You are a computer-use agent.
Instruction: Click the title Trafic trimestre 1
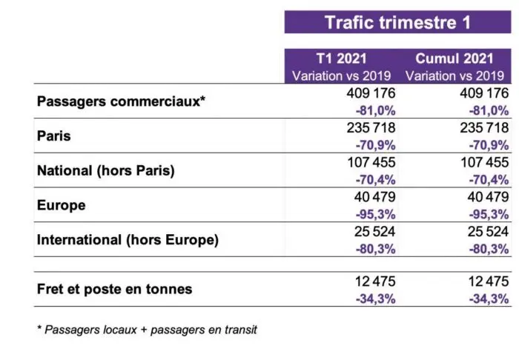tap(397, 21)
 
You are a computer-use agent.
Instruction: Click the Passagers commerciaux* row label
tap(121, 101)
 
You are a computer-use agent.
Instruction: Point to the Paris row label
tap(53, 136)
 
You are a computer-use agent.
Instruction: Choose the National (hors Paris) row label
tap(105, 170)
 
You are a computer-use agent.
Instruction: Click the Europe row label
tap(62, 205)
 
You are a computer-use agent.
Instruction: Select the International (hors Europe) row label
tap(128, 240)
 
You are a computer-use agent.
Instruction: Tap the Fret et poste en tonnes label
tap(114, 289)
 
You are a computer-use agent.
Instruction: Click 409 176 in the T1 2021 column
tap(371, 94)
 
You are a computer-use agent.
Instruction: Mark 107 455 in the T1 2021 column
tap(371, 162)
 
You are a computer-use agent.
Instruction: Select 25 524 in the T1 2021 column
tap(374, 232)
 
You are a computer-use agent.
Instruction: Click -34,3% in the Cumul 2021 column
tap(489, 299)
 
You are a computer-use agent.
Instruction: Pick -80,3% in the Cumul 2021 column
tap(489, 249)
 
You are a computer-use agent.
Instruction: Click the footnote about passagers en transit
tap(147, 330)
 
